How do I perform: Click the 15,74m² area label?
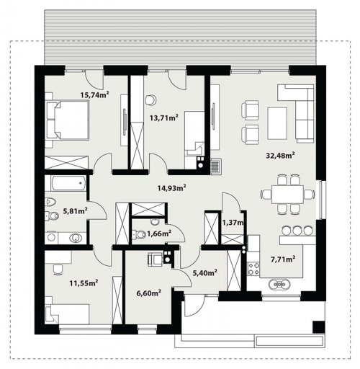tap(95, 95)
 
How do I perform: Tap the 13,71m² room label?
tap(164, 117)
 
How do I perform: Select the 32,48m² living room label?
tap(280, 156)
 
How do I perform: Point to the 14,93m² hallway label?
tap(172, 188)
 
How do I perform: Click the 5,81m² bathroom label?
tap(75, 211)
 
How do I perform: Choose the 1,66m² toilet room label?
tap(159, 233)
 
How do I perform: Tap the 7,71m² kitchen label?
tap(283, 259)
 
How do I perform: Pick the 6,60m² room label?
tap(148, 293)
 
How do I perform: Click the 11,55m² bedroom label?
tap(84, 283)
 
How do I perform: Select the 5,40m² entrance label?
tap(205, 272)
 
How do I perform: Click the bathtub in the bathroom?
tap(68, 183)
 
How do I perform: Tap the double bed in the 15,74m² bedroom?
tap(68, 120)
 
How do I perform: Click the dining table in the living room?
tap(287, 195)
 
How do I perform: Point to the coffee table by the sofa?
tap(277, 123)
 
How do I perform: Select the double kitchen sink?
tap(279, 285)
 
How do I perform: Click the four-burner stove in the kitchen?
tap(254, 269)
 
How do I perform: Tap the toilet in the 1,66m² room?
tap(139, 234)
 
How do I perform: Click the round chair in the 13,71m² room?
tap(150, 99)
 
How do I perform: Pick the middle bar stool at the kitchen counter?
tap(297, 231)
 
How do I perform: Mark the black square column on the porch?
tap(319, 326)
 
